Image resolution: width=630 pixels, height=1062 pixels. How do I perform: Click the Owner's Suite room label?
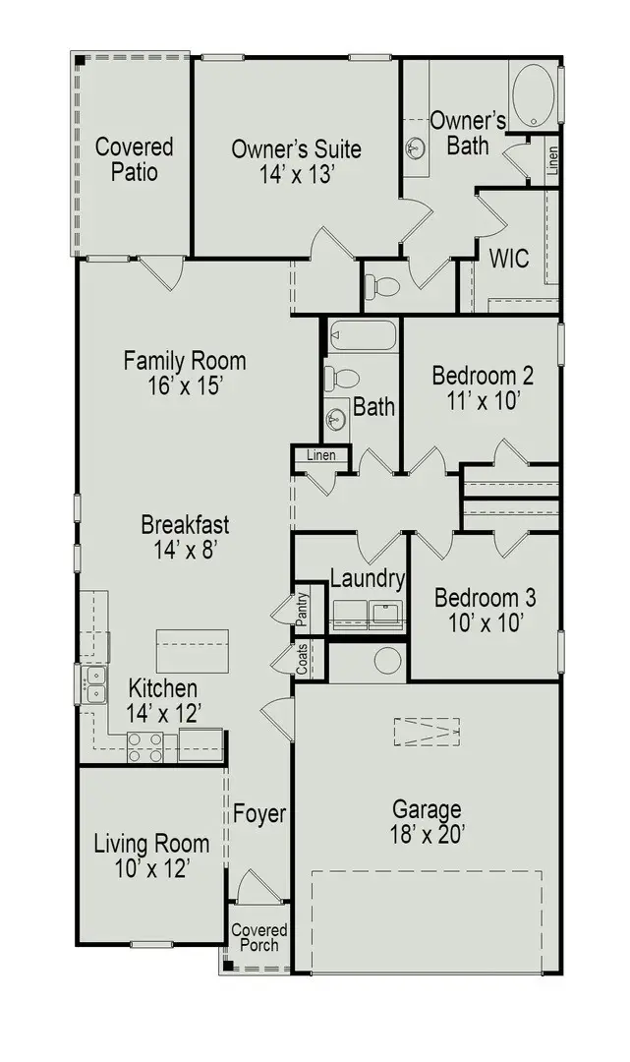tap(296, 149)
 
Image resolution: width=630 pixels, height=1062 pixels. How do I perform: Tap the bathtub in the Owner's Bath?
tap(534, 95)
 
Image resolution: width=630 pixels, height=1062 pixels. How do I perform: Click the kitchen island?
tap(193, 650)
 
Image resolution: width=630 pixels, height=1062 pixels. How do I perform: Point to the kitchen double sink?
tap(95, 684)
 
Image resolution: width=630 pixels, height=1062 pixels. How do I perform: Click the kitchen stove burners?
tap(144, 747)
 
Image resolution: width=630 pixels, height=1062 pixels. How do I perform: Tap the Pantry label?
tap(304, 610)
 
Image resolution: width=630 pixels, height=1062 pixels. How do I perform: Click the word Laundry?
tap(367, 579)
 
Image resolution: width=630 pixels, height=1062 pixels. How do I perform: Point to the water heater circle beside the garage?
tap(388, 660)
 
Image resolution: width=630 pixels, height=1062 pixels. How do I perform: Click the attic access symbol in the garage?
tap(428, 732)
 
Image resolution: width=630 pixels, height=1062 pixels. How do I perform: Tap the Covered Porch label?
tap(259, 937)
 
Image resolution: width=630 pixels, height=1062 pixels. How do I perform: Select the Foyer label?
tap(259, 814)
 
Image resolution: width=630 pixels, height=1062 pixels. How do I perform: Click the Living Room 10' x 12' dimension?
tap(151, 868)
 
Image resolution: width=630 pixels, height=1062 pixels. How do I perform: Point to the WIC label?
tap(509, 260)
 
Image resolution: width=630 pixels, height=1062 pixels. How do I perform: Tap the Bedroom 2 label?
tap(483, 376)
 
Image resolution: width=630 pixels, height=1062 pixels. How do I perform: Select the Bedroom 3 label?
tap(485, 598)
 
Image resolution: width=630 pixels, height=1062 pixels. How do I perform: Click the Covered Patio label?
tap(134, 159)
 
